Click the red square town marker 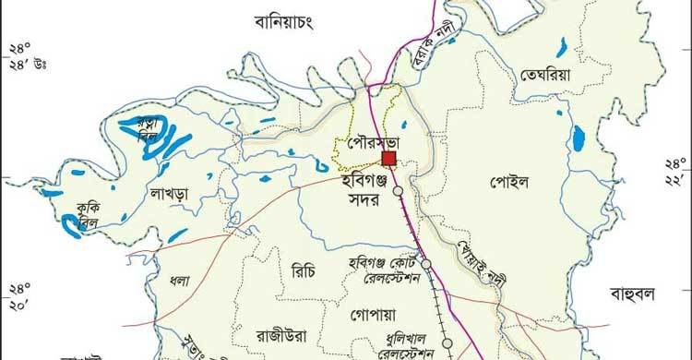pyautogui.click(x=388, y=160)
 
